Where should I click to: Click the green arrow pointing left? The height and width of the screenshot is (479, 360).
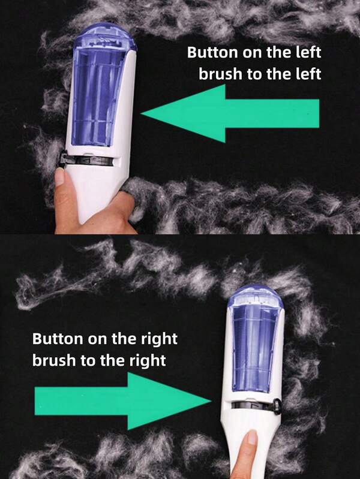tap(230, 114)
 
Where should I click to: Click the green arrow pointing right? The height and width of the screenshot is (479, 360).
tap(123, 401)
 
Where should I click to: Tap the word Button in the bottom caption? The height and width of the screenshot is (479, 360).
tap(57, 339)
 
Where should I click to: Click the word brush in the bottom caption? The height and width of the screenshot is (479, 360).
tap(54, 361)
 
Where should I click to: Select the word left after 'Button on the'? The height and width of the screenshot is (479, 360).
tap(308, 52)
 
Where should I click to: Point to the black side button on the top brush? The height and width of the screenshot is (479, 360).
tap(63, 158)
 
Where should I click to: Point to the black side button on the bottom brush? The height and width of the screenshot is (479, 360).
tap(277, 406)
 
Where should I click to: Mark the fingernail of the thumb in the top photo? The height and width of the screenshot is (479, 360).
tap(59, 177)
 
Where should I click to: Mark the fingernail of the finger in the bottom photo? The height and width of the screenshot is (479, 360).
tap(253, 437)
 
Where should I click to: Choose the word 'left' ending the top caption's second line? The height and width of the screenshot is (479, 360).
tap(308, 74)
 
